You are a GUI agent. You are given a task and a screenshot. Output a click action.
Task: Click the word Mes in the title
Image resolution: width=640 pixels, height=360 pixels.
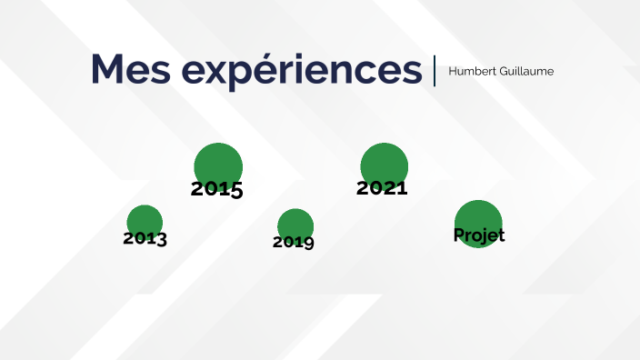133,69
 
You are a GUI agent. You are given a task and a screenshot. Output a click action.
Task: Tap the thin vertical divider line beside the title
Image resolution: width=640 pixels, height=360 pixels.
435,70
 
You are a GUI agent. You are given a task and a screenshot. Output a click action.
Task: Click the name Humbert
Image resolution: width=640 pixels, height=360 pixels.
471,71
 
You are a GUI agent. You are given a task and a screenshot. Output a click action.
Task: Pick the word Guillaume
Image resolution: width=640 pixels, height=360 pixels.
525,71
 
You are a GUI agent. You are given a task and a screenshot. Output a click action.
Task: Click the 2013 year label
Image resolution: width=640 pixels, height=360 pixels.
145,238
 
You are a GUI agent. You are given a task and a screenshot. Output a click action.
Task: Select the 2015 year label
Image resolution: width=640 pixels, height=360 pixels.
216,189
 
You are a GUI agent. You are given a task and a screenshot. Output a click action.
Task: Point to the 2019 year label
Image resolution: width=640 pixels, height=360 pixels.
294,242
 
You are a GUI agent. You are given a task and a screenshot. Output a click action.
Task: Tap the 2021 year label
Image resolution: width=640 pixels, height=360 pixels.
382,188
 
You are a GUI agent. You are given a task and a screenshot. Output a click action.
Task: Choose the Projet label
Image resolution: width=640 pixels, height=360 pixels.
479,235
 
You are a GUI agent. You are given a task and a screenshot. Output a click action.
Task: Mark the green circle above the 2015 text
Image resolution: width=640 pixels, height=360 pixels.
218,164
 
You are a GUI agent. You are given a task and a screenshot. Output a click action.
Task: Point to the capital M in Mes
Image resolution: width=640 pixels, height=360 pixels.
108,69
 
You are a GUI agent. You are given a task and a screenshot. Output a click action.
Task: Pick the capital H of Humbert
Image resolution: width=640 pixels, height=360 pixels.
453,71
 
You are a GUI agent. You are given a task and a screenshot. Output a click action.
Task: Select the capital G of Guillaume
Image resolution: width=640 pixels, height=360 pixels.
501,71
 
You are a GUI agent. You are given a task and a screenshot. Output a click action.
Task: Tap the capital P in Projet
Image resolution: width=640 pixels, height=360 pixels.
459,235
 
